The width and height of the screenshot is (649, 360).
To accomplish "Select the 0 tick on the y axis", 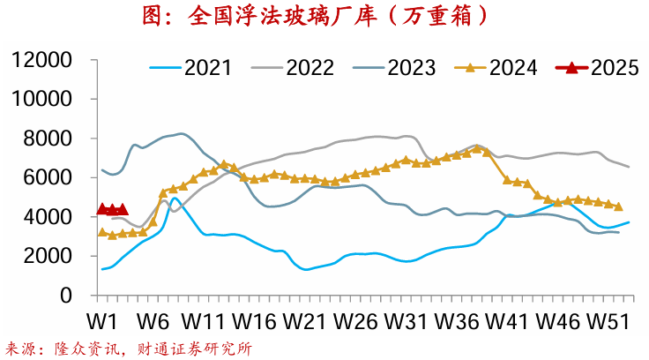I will pyautogui.click(x=66, y=296).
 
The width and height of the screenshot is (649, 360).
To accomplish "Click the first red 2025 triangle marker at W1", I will pyautogui.click(x=103, y=209).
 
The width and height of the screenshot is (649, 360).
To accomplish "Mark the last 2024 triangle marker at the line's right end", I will pyautogui.click(x=618, y=206).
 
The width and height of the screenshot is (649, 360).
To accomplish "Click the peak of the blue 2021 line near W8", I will pyautogui.click(x=175, y=199).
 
